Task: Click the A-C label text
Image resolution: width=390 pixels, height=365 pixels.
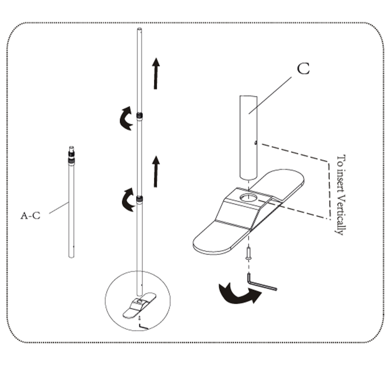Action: (30, 216)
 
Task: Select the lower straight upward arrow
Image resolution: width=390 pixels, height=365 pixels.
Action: (155, 171)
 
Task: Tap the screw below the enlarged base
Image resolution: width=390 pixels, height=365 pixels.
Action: (248, 253)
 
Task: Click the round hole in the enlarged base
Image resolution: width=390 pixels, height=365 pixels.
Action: (248, 197)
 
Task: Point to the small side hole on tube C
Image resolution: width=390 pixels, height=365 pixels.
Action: (256, 143)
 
